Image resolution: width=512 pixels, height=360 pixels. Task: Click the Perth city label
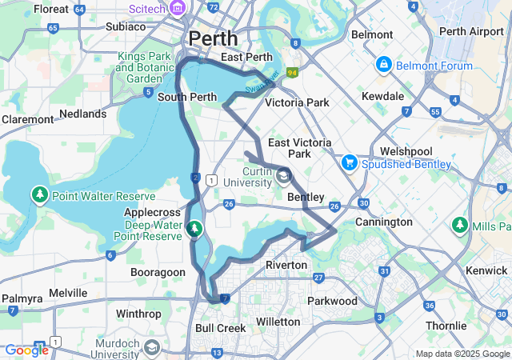(213, 38)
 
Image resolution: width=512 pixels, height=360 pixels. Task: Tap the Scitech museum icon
(177, 9)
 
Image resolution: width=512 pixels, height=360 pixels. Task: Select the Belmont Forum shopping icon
(383, 63)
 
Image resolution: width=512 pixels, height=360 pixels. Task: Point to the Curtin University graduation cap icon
(285, 177)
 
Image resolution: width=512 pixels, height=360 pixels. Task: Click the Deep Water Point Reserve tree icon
(194, 230)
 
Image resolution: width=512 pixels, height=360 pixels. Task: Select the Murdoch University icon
(151, 348)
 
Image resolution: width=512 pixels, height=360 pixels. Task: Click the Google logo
(26, 350)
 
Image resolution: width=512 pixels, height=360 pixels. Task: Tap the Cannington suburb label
(383, 222)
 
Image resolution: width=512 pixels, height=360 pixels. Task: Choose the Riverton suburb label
(286, 265)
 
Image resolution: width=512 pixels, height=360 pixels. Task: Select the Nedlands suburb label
(82, 114)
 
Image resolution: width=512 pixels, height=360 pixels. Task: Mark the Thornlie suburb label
(446, 326)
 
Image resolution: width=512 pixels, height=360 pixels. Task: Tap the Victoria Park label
(297, 102)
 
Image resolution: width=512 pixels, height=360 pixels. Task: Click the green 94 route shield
(293, 73)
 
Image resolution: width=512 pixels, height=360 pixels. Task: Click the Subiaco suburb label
(126, 26)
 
